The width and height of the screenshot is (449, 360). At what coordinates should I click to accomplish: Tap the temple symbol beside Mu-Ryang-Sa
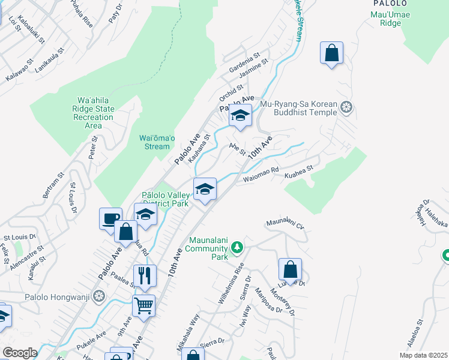pos(346,108)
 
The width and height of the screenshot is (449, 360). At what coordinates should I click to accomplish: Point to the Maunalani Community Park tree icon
pos(238,247)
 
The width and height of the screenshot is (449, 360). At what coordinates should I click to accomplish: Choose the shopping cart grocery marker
pos(143,305)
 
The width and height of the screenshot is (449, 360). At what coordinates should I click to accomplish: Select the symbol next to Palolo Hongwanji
pos(100,296)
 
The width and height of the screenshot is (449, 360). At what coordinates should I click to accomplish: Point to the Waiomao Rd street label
pos(261,174)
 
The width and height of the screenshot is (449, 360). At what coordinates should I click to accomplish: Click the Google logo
pos(20,353)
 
